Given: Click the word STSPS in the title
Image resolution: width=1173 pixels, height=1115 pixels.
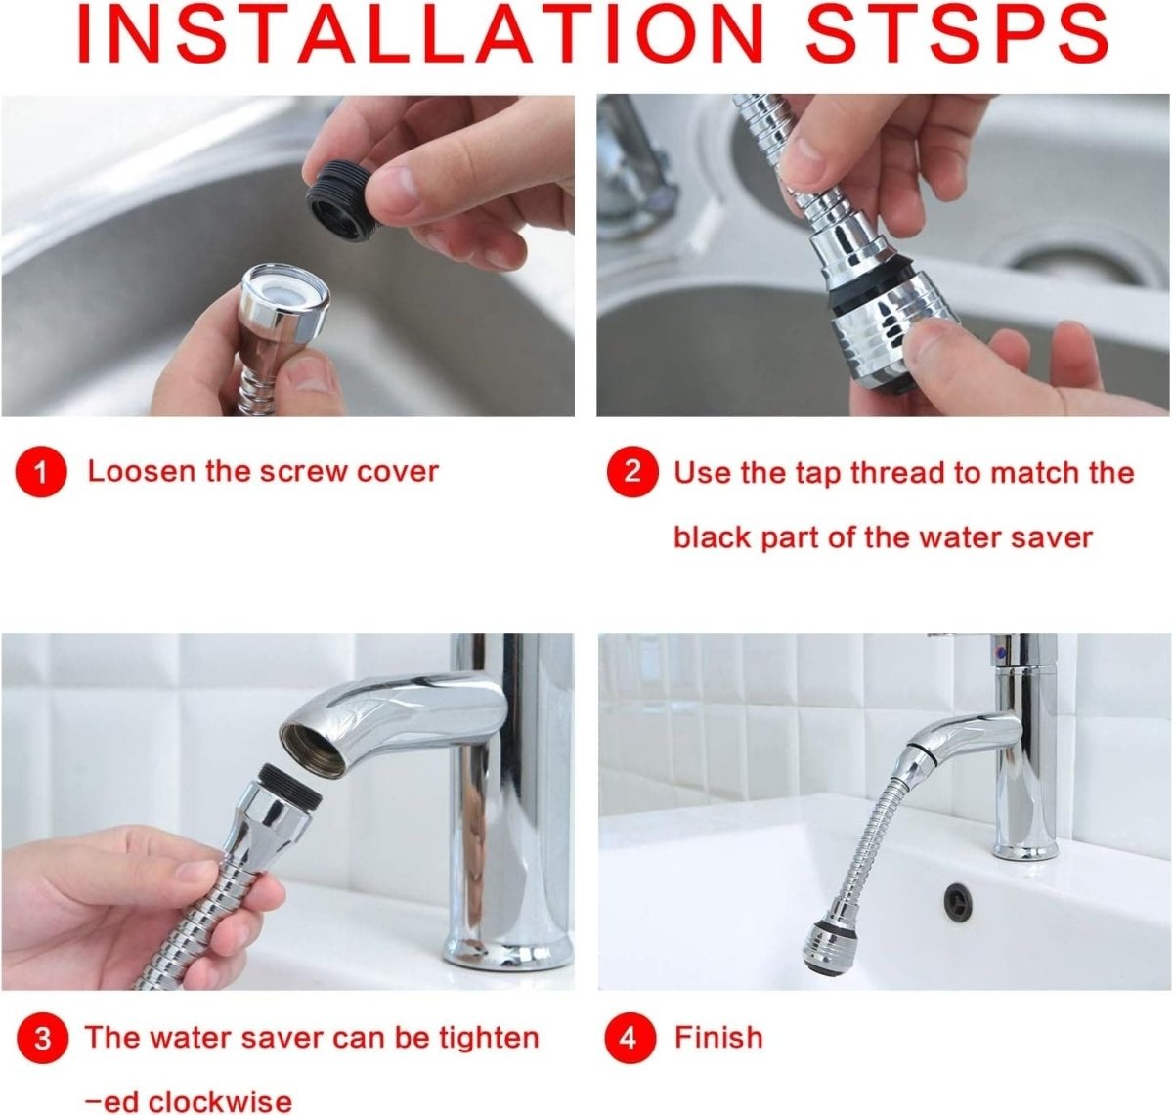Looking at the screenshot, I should (957, 35).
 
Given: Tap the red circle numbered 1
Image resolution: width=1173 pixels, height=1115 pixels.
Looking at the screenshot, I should (40, 473).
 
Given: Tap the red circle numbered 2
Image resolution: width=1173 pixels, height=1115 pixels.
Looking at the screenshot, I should (632, 473).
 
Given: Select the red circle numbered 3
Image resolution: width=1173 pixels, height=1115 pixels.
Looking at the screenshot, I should (42, 1038).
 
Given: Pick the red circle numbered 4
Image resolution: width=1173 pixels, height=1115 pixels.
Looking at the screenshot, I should (629, 1038).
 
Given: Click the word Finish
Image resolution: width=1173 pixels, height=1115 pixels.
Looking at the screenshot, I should (718, 1037).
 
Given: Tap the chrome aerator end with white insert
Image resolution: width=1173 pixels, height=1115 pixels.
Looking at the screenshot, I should (284, 294).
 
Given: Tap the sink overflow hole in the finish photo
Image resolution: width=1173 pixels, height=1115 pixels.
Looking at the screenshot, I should (957, 900).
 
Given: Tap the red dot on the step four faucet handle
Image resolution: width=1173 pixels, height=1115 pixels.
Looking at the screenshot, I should (998, 649).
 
